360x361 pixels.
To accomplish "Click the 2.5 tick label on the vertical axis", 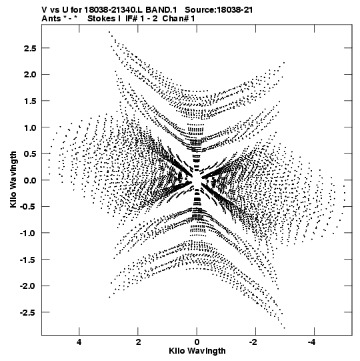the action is pos(30,48).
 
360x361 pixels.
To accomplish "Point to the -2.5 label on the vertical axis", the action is pos(28,312).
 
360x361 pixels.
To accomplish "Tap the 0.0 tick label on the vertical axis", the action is pos(30,180).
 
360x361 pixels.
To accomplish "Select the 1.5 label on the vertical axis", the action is pos(30,101).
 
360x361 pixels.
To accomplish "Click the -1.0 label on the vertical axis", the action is pos(28,234).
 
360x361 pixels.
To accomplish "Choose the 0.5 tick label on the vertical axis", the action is pos(30,153).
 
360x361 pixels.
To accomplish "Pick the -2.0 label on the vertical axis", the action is pos(28,286).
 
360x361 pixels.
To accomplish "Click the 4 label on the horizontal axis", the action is pos(79,342).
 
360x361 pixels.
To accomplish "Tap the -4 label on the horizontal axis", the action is pos(313,342).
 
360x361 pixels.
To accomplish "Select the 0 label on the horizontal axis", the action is pos(197,342).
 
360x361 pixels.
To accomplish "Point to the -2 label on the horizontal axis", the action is pos(254,342).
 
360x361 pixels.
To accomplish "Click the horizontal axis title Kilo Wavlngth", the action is pos(197,350).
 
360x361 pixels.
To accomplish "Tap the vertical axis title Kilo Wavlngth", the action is pos(13,179).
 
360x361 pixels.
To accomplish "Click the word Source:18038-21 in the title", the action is pos(219,10).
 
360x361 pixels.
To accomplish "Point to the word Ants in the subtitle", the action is pos(51,19).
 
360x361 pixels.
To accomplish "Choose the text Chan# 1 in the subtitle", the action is pos(179,19).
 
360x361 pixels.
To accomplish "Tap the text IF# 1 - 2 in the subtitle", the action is pos(141,19).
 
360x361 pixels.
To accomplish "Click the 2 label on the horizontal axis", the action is pos(138,342).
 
